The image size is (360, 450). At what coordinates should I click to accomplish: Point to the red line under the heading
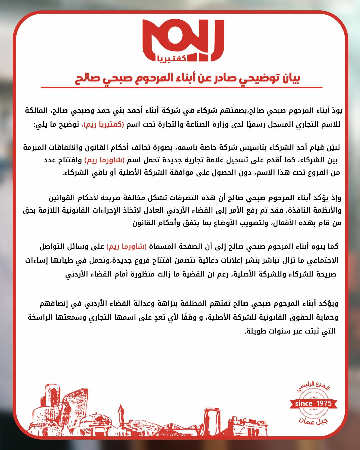(181, 87)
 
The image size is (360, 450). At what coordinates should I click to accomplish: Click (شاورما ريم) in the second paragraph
(105, 160)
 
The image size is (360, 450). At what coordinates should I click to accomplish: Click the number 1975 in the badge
(324, 403)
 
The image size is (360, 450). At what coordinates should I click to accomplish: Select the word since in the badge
(304, 404)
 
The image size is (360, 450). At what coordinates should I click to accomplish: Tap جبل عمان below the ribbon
(313, 421)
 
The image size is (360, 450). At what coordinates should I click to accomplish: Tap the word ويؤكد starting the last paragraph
(329, 304)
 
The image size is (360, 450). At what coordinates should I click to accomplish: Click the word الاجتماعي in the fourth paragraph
(320, 260)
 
